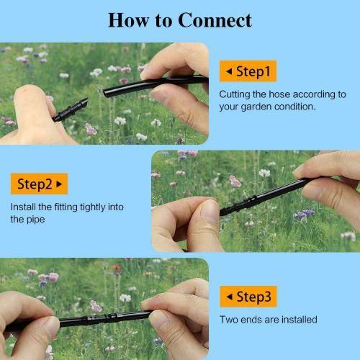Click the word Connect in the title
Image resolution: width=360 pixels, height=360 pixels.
point(215,20)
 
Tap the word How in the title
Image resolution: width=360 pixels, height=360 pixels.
point(129,20)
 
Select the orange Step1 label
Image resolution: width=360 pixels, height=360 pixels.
point(248,71)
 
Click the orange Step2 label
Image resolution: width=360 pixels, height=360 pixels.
point(40,184)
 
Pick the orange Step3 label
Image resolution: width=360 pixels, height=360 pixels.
point(248,297)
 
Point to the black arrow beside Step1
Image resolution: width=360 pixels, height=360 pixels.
point(229,71)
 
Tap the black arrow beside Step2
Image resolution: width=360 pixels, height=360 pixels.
point(59,184)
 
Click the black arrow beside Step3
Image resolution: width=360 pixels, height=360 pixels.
point(230,297)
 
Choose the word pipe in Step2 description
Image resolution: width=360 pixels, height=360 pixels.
point(35,220)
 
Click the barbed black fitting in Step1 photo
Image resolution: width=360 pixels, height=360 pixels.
point(70,110)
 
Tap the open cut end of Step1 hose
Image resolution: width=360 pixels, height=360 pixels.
point(105,93)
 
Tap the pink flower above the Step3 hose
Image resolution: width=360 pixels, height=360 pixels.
point(96,306)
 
